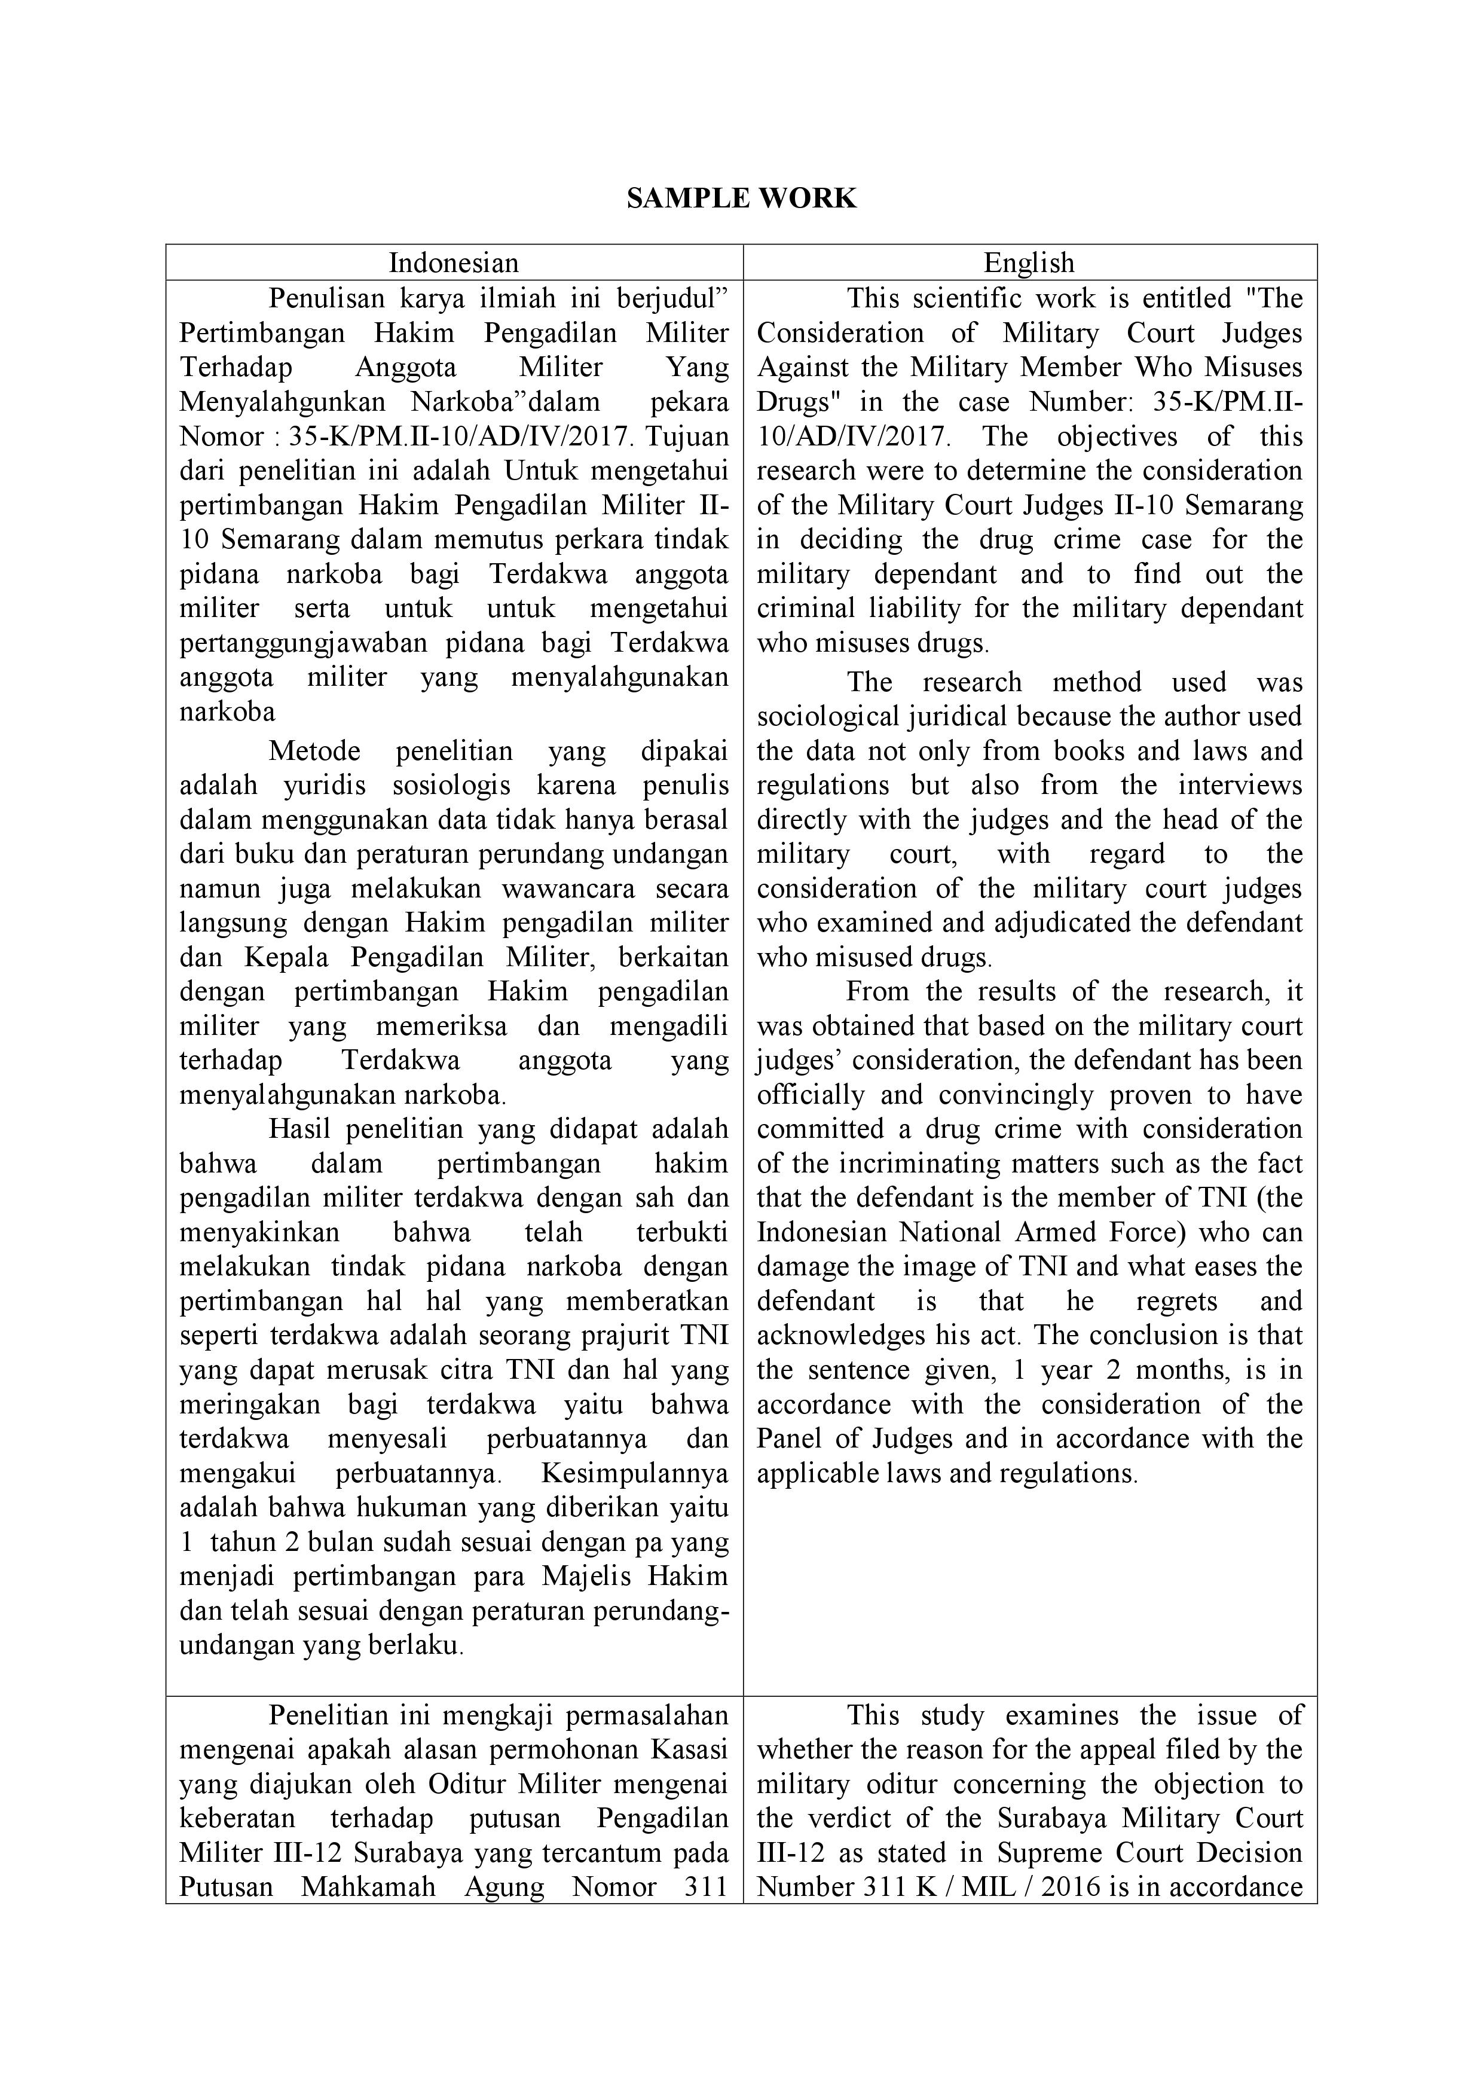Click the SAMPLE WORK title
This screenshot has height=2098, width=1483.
(x=741, y=198)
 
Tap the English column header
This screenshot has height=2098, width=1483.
(x=1029, y=263)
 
